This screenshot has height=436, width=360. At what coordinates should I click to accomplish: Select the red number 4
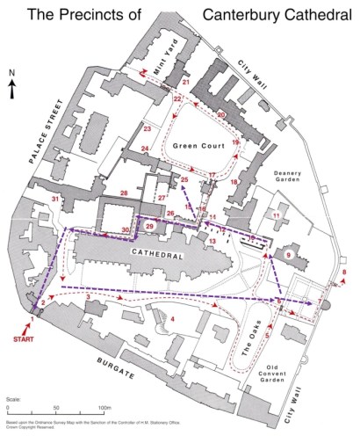coord(173,319)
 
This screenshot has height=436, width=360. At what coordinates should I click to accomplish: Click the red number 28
coord(125,193)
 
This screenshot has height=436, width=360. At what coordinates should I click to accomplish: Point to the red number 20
coord(221,114)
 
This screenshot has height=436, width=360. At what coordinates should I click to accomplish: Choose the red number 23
coord(148,129)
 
